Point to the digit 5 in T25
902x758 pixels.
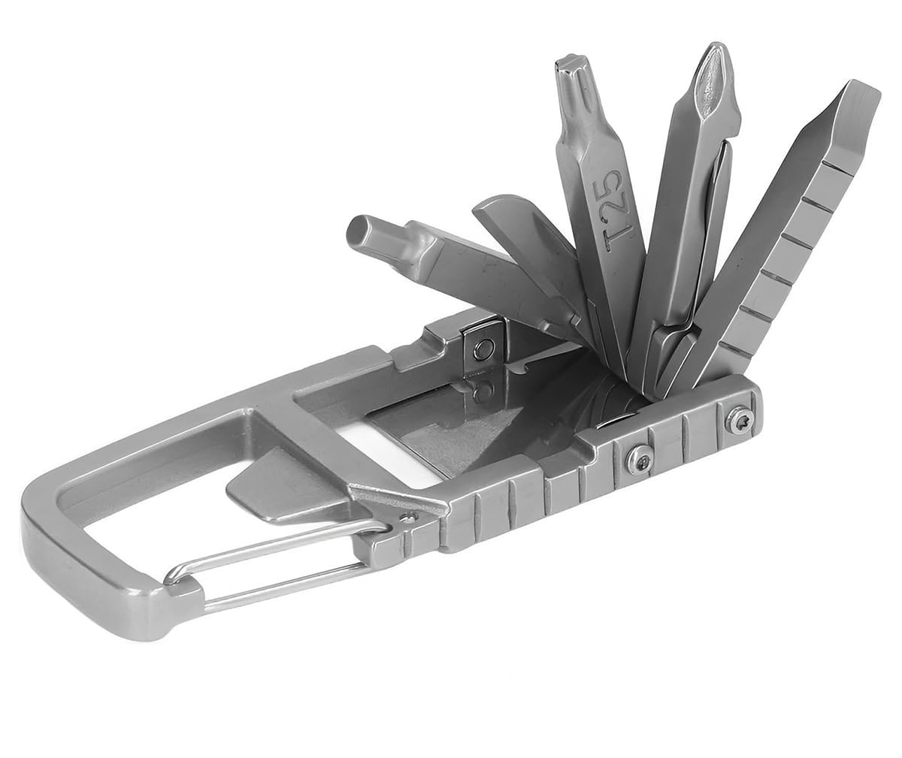pos(616,179)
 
